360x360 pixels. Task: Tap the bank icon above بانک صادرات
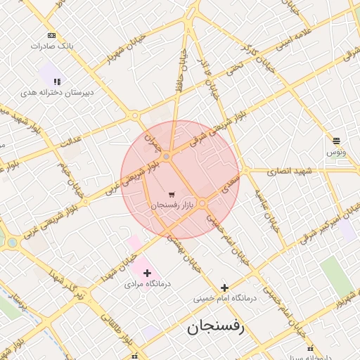(51, 34)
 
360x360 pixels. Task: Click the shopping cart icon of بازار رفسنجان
(172, 194)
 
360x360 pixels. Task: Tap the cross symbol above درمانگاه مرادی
(146, 273)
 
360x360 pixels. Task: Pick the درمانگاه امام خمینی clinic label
(226, 298)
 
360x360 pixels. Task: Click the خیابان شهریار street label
(117, 56)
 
